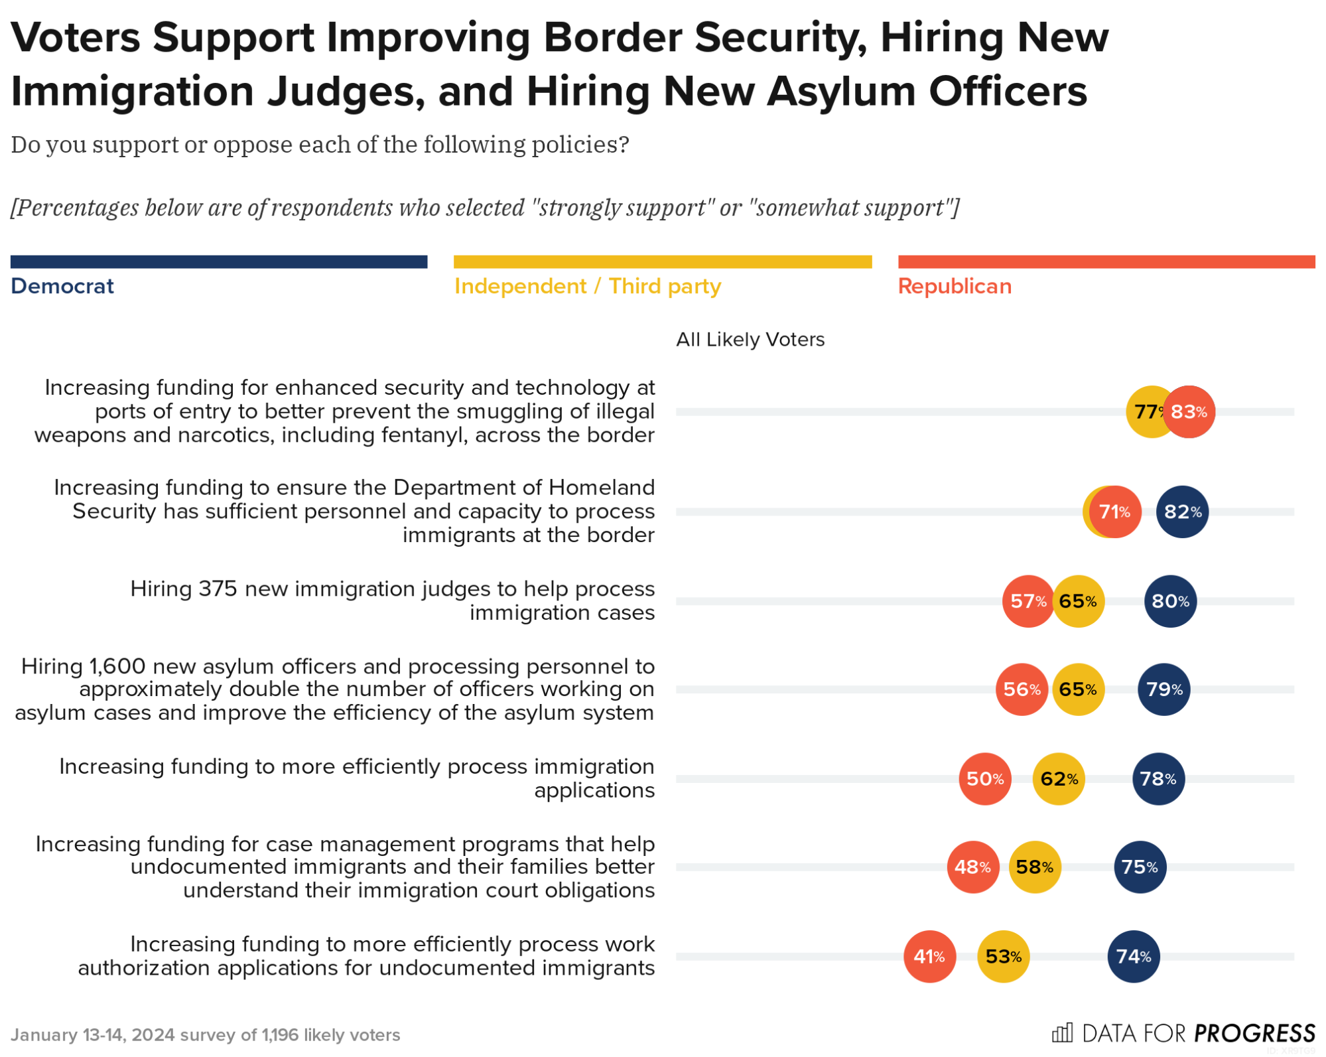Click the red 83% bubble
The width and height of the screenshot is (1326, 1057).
[x=1189, y=412]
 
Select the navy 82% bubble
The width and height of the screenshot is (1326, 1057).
[x=1182, y=512]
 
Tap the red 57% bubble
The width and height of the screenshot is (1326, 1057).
[x=1028, y=601]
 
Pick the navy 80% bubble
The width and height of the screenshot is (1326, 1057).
[x=1170, y=601]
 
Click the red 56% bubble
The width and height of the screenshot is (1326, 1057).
[x=1022, y=689]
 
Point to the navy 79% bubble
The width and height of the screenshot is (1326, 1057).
[x=1163, y=689]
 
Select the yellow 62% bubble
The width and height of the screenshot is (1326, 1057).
[x=1059, y=778]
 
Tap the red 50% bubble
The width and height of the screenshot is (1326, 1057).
[x=984, y=778]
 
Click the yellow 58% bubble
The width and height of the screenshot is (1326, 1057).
[x=1034, y=867]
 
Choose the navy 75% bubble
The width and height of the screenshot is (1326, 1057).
[x=1140, y=867]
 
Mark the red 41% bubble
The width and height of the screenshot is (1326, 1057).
[x=929, y=956]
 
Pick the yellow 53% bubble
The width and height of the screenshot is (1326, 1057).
[x=1003, y=956]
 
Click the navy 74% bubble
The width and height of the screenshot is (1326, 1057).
[x=1133, y=956]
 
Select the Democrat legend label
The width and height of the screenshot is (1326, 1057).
[x=62, y=286]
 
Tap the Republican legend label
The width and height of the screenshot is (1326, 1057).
[x=955, y=286]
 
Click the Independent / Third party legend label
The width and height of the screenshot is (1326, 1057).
[x=587, y=286]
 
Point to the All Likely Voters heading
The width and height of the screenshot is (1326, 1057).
[x=750, y=340]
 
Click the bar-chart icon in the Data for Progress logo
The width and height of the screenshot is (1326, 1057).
[x=1062, y=1032]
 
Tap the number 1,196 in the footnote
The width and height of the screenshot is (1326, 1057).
[x=280, y=1035]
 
